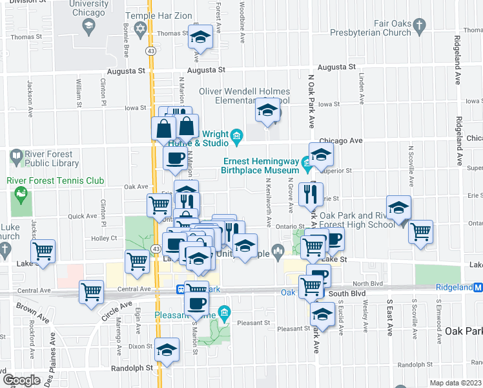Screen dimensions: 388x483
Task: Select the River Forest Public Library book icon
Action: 16,156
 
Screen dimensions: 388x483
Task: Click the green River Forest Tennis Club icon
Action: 22,193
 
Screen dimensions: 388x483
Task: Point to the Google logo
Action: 21,380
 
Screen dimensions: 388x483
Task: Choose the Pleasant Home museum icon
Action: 223,315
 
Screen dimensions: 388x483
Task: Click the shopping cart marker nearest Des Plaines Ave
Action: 43,251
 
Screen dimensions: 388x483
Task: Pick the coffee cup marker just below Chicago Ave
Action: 175,158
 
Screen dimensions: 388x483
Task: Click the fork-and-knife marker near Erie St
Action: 311,193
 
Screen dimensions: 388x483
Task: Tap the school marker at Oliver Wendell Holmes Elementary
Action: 267,110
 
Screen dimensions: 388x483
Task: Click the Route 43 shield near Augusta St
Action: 150,50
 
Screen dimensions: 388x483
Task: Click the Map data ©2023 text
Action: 455,383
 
